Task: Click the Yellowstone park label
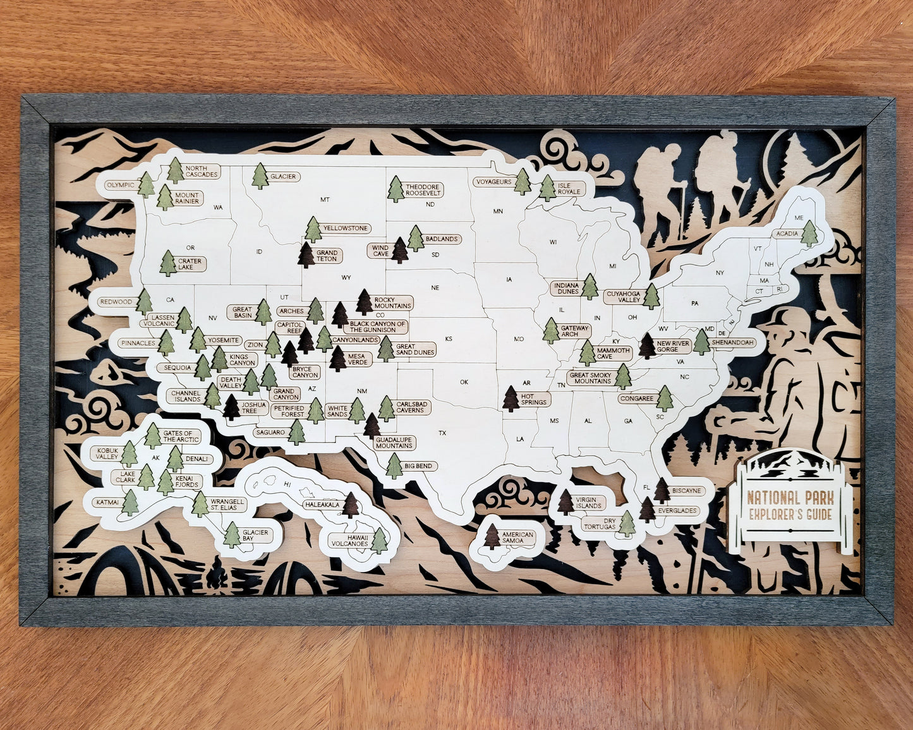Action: tap(345, 228)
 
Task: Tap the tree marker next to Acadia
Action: tap(809, 233)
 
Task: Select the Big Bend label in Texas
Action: tap(418, 466)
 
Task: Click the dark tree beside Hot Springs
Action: tap(511, 398)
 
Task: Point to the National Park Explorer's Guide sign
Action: tap(790, 505)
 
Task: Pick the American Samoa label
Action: tap(518, 537)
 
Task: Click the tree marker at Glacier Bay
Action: tap(232, 534)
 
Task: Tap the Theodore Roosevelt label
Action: tap(423, 190)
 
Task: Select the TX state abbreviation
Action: tap(442, 433)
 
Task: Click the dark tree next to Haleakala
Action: tap(351, 505)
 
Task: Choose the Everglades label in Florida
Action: tap(677, 510)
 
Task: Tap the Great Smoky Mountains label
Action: tap(591, 378)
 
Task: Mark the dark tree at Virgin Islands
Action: tap(565, 502)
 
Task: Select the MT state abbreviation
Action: tap(325, 200)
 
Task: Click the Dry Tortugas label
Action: tap(600, 524)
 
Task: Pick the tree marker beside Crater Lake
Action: tap(168, 263)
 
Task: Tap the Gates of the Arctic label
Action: tap(181, 436)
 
